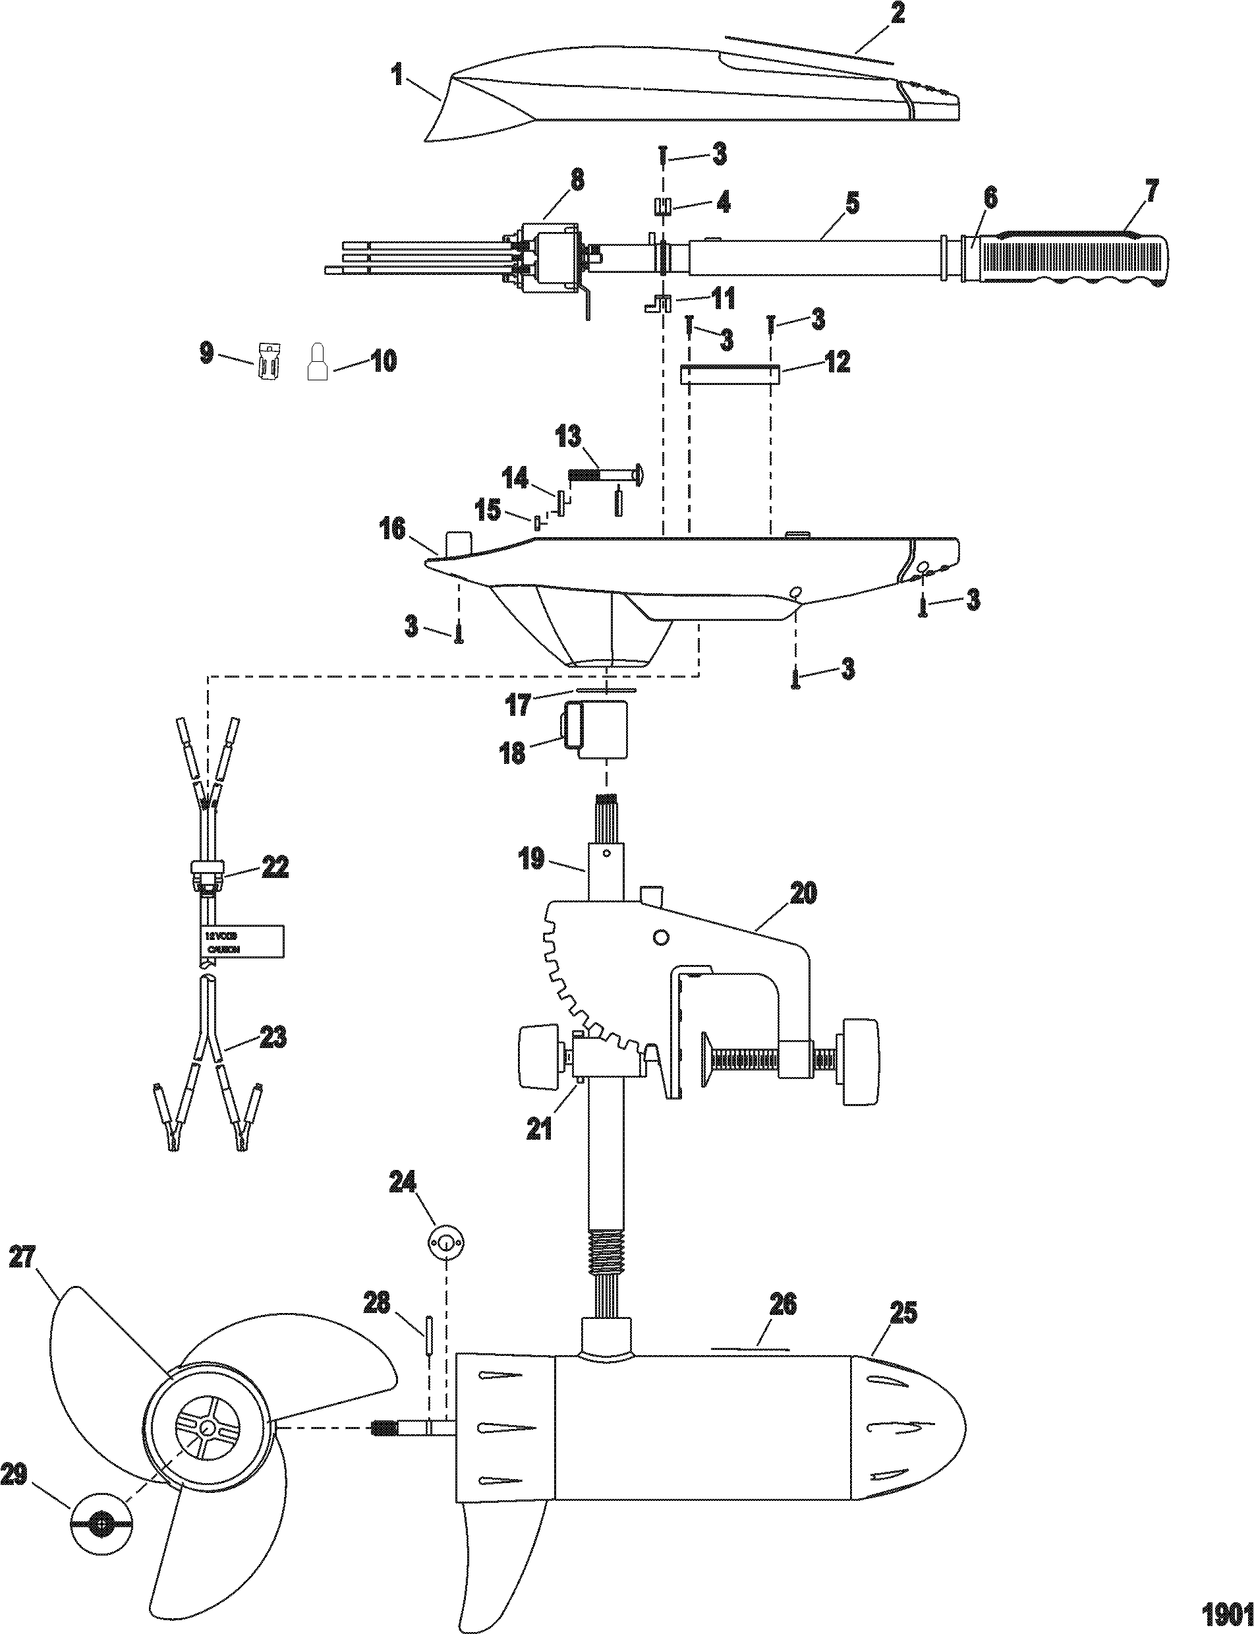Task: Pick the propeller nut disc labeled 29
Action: tap(100, 1503)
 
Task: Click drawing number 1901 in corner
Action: tap(1226, 1611)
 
